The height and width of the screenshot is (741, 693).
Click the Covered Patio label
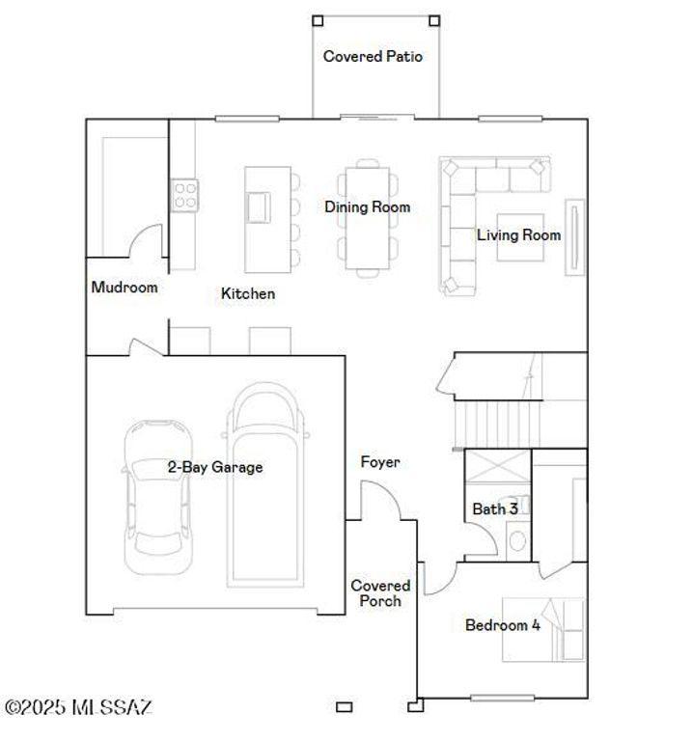(373, 57)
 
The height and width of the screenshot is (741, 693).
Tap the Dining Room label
(367, 207)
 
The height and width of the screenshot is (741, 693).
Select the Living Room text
(518, 235)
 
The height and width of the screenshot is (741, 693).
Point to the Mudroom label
(124, 288)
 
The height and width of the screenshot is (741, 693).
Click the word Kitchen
(248, 294)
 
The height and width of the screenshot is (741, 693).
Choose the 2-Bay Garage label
(214, 468)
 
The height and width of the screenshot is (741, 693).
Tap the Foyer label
(380, 463)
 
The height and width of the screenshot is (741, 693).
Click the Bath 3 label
(494, 509)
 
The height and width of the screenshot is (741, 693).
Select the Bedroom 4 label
(502, 625)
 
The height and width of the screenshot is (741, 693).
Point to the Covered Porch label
(380, 593)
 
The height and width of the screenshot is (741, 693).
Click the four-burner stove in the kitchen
(184, 195)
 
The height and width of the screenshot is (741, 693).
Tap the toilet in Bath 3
(517, 541)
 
